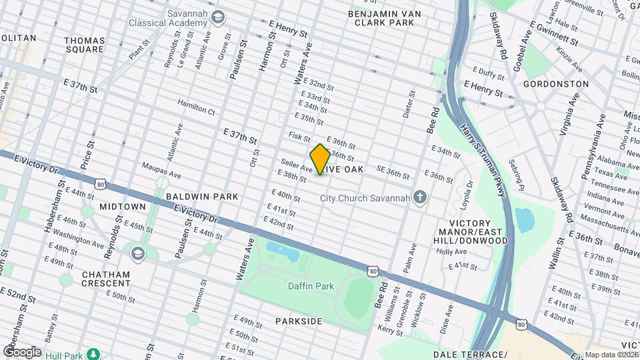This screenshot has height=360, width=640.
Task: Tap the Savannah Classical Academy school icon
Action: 217,17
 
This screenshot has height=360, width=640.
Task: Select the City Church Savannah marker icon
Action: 419,197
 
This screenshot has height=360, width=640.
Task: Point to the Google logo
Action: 22,351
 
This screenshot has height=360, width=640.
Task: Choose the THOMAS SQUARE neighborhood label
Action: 85,45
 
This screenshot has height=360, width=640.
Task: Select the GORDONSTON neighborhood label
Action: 555,84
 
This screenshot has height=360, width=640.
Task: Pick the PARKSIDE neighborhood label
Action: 299,321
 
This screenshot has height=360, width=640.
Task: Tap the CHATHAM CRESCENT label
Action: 106,279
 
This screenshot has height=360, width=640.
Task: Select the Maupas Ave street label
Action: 161,169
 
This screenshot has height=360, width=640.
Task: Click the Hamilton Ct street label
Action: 196,107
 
